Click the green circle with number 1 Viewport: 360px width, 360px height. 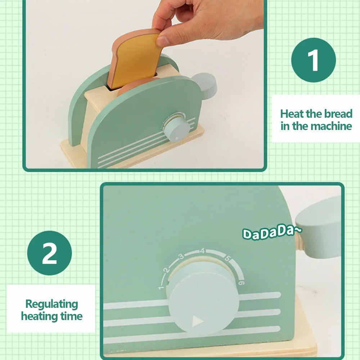pyautogui.click(x=314, y=60)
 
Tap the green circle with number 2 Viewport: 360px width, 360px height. pyautogui.click(x=49, y=253)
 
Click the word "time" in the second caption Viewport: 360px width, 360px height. pyautogui.click(x=71, y=316)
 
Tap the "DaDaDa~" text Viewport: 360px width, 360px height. pyautogui.click(x=272, y=233)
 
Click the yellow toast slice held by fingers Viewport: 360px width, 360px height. pyautogui.click(x=136, y=60)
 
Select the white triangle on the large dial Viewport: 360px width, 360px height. pyautogui.click(x=197, y=321)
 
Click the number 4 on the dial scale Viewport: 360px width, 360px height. pyautogui.click(x=202, y=251)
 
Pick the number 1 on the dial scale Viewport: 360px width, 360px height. pyautogui.click(x=161, y=287)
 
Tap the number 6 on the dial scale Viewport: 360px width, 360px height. pyautogui.click(x=241, y=283)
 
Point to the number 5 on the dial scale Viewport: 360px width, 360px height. pyautogui.click(x=227, y=258)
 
